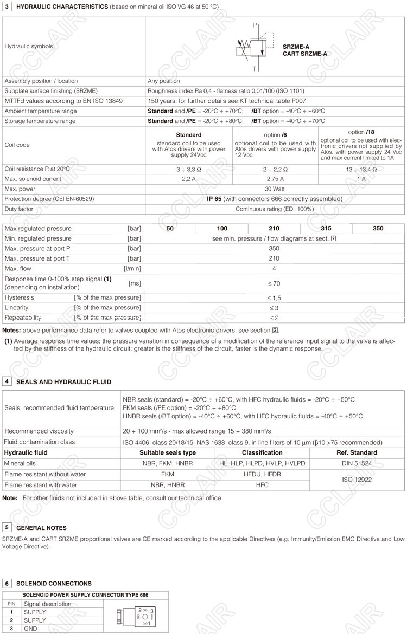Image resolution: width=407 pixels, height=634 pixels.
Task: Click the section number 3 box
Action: click(7, 6)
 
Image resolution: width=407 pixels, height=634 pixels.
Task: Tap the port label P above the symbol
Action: click(255, 25)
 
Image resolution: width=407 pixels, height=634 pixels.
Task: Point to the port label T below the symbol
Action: click(255, 69)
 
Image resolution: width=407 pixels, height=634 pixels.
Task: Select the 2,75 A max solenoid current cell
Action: click(275, 178)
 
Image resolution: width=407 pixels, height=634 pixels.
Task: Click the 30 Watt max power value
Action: click(275, 189)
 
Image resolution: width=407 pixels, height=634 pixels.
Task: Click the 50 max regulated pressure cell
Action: click(170, 229)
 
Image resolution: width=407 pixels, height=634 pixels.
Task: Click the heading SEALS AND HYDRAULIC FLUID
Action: click(63, 382)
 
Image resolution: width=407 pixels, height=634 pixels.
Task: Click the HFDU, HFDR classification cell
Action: click(262, 474)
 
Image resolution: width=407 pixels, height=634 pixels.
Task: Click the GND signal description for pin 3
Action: click(31, 628)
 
